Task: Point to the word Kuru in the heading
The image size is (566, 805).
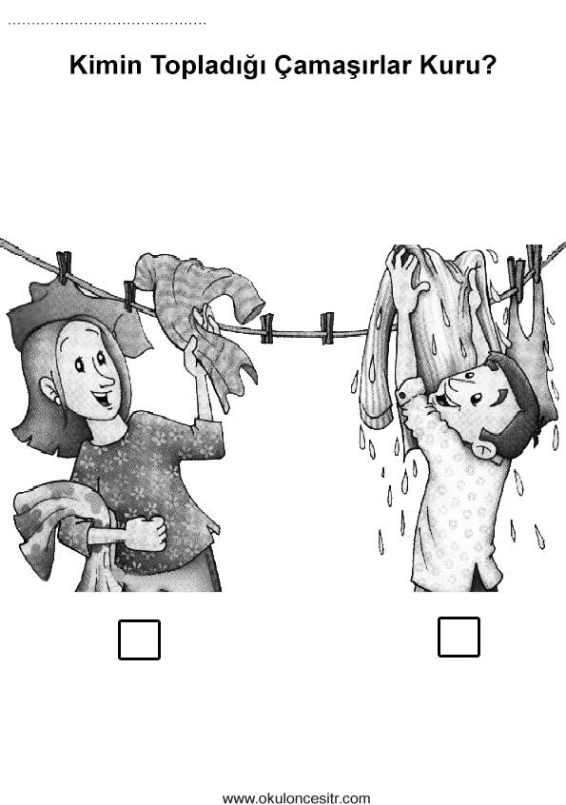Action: (451, 66)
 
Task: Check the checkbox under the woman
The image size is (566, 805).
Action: (139, 639)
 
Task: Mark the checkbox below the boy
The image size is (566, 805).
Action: (459, 637)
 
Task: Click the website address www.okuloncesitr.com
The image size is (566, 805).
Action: (296, 798)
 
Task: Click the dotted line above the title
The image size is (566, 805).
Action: (107, 23)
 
